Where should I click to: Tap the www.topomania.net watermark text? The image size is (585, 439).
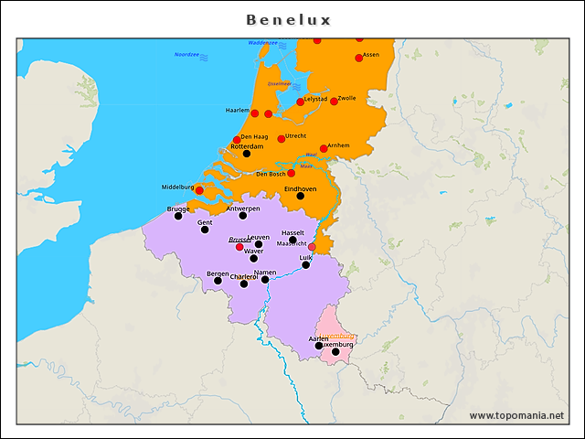516,415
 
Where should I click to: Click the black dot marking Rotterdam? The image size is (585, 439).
246,154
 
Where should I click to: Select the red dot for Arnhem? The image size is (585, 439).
324,148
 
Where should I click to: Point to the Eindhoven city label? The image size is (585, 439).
300,188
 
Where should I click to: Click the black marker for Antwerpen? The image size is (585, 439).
243,216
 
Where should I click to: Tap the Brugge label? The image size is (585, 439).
179,209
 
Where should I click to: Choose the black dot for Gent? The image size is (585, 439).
205,230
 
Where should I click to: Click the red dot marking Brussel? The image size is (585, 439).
239,247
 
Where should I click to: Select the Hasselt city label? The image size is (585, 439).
292,232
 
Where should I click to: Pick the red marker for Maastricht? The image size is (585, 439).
312,247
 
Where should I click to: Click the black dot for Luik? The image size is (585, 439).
305,265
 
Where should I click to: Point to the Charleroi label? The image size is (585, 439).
244,276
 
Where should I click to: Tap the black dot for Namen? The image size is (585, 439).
265,279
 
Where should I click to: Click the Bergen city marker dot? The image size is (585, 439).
218,281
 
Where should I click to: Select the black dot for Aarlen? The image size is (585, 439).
319,346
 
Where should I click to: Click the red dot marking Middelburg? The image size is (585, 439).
199,190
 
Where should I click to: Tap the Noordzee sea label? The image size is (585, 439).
186,55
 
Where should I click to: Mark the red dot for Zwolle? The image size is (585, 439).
334,102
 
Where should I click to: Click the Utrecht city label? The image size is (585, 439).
295,135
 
